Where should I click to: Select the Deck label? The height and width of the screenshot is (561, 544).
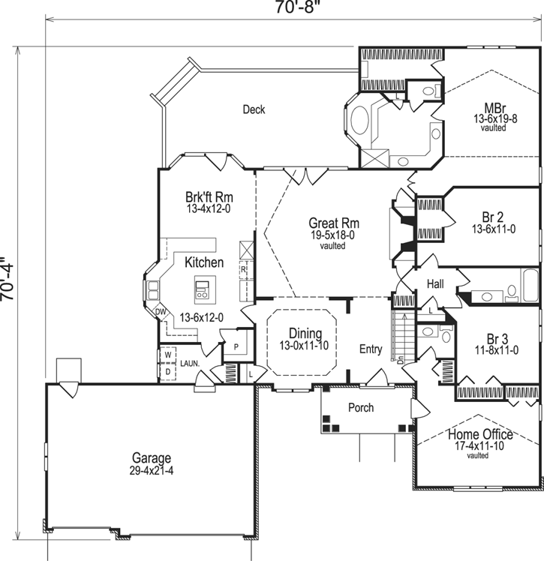pos(254,109)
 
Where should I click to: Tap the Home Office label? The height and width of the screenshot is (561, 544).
pos(480,434)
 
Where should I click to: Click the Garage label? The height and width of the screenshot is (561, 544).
pos(152,458)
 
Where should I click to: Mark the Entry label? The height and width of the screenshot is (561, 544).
pos(371,349)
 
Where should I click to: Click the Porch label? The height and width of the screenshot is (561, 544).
pos(361,408)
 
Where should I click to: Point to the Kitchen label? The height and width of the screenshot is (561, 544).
pos(204,262)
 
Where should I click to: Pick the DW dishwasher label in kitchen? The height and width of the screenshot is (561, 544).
pos(160,312)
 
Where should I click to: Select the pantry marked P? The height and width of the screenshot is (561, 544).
pos(236,347)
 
